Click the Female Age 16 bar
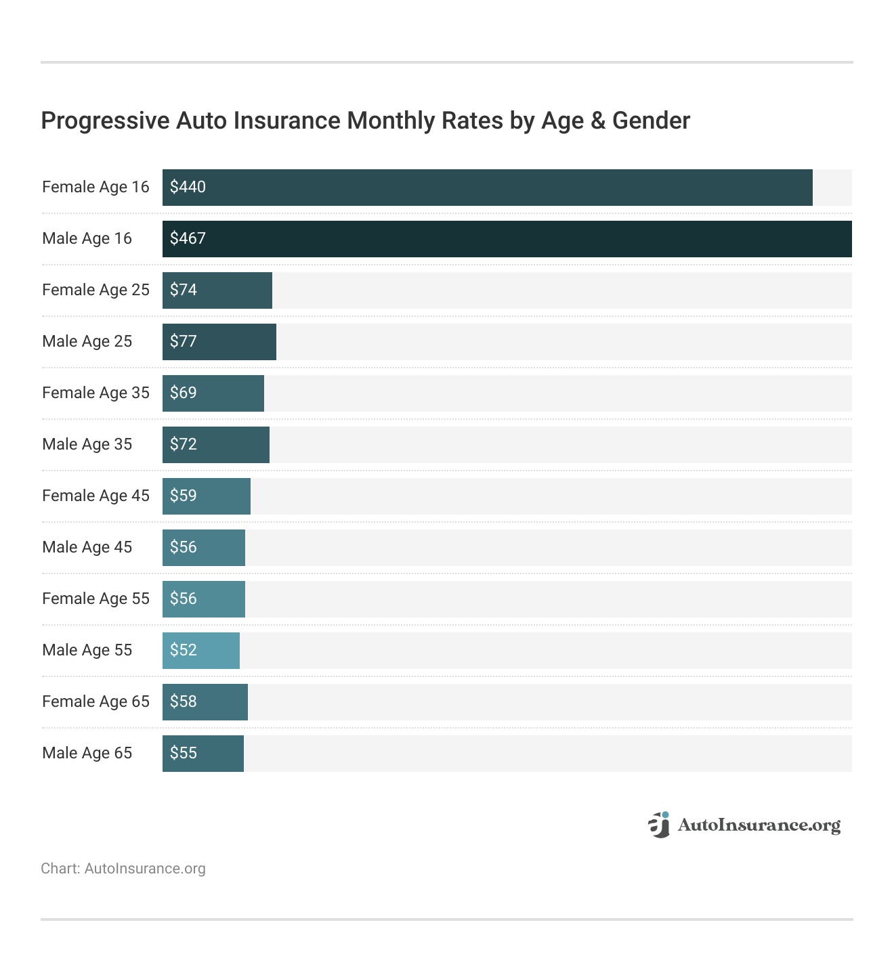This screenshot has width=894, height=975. (x=488, y=188)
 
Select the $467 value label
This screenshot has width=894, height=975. (x=188, y=238)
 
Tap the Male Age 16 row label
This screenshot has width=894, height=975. (x=87, y=238)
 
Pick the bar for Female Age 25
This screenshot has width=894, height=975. (x=217, y=290)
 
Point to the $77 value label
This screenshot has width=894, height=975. (x=184, y=341)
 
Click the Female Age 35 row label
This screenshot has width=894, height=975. (x=95, y=393)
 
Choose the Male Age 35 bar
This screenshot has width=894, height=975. (x=216, y=445)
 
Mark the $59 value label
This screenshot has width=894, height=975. (x=184, y=496)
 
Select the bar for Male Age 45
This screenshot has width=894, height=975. (x=204, y=548)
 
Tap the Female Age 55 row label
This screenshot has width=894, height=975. (x=95, y=599)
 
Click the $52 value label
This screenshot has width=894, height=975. (x=184, y=650)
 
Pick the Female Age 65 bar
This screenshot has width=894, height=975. (x=205, y=702)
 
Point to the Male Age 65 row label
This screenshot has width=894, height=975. (x=87, y=753)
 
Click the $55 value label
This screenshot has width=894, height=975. (x=184, y=753)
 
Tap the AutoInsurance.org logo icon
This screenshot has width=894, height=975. (x=659, y=825)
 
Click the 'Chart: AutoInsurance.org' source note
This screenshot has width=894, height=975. (x=123, y=869)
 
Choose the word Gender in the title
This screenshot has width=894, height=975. (x=651, y=121)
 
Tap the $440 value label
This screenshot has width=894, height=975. (x=188, y=187)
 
